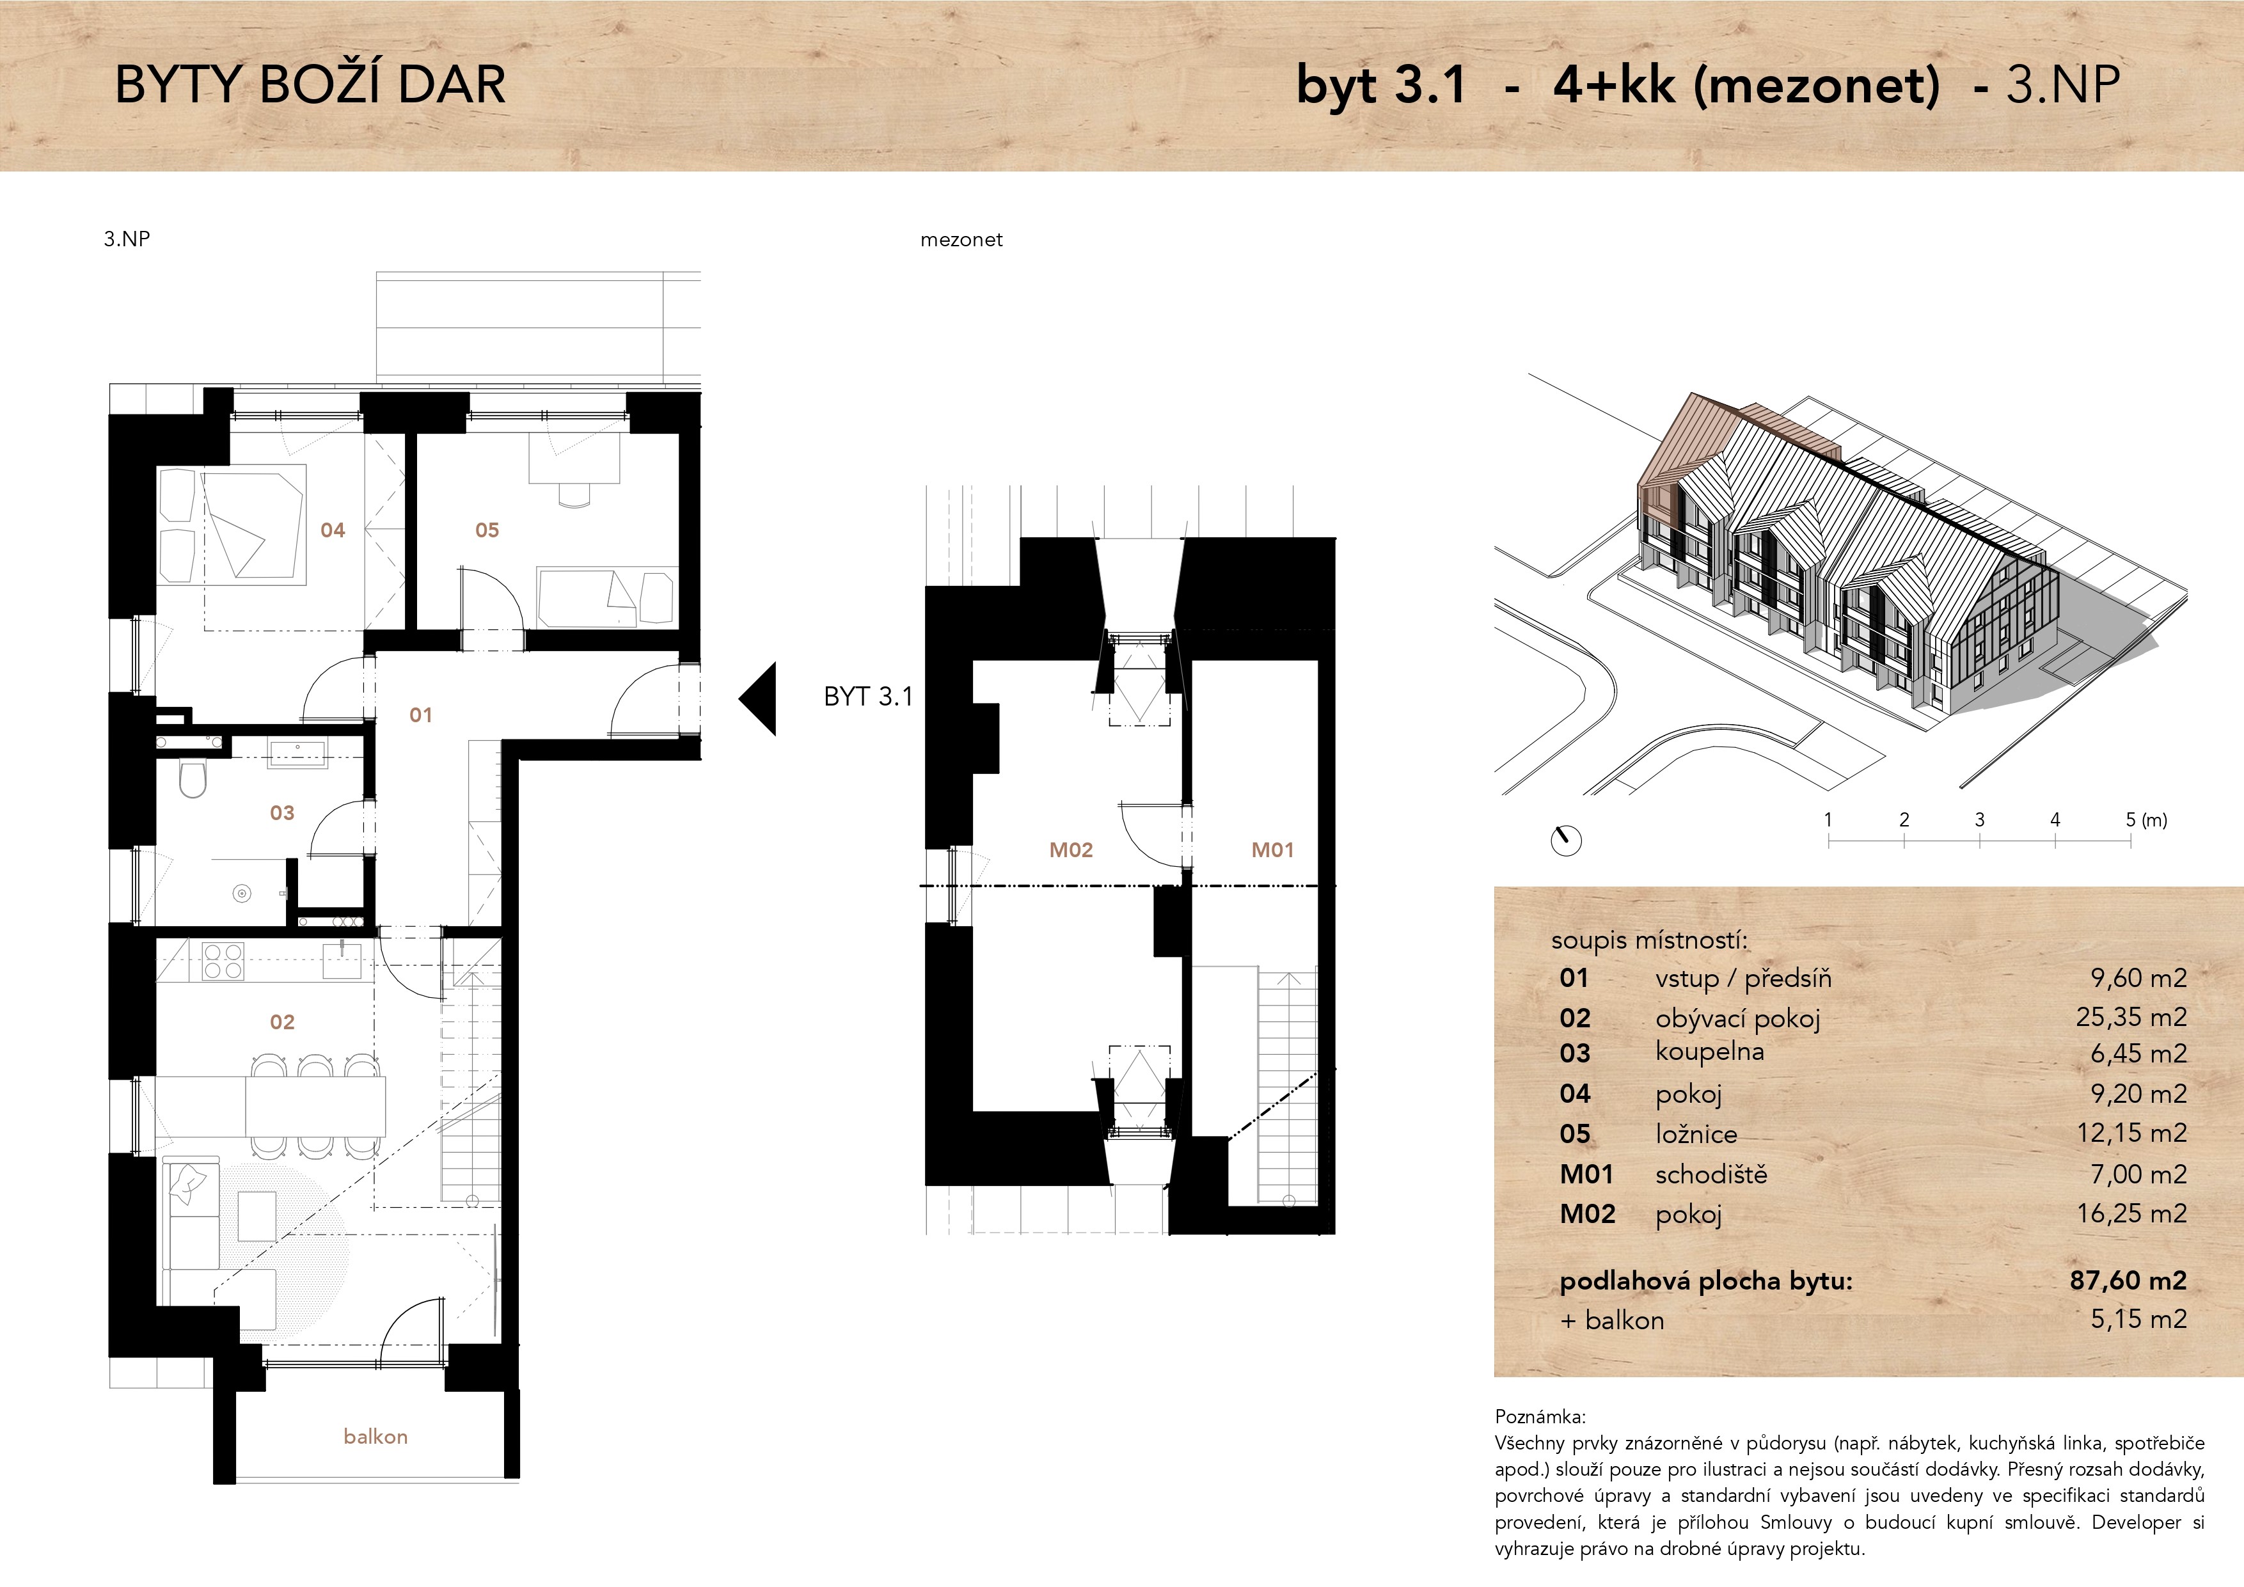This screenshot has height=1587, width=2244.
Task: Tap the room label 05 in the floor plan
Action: [487, 530]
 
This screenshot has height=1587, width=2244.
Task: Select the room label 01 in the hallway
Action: [420, 715]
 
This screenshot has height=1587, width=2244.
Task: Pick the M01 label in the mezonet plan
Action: [1272, 850]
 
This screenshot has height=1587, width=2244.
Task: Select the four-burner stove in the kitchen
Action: [223, 961]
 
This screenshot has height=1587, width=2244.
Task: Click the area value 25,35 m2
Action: [2131, 1017]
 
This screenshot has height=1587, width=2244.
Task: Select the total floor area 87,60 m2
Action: [2128, 1280]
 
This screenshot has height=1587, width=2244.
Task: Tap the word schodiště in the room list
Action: [1711, 1174]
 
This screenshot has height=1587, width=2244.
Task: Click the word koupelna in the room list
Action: [1709, 1052]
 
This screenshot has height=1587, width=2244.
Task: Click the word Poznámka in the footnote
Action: [1540, 1417]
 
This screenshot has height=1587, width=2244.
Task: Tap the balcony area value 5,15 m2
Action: [2138, 1319]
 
